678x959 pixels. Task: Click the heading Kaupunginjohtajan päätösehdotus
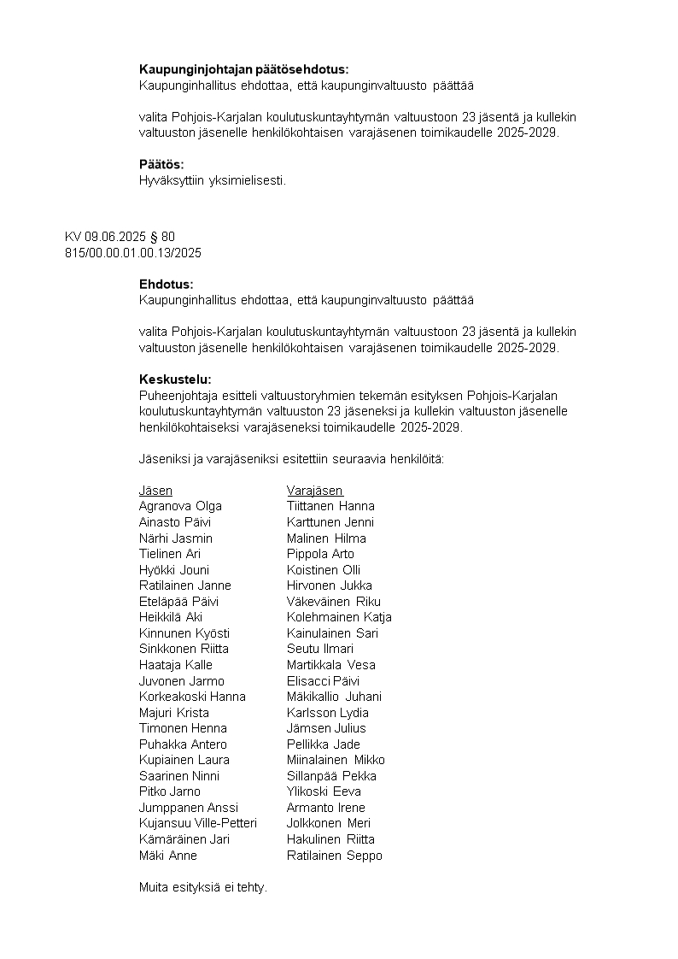click(x=243, y=69)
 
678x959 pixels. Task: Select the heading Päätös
click(x=161, y=164)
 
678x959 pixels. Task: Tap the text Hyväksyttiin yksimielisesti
click(x=213, y=179)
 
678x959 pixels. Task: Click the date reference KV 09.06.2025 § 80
click(x=120, y=237)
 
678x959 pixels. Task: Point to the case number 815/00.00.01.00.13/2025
click(x=132, y=252)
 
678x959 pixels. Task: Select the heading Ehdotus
click(x=167, y=284)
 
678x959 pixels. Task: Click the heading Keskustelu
click(x=175, y=379)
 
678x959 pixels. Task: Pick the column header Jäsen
click(x=155, y=491)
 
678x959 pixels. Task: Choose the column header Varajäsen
click(x=314, y=491)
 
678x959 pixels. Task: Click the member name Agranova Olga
click(x=180, y=506)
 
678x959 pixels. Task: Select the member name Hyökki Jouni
click(x=174, y=569)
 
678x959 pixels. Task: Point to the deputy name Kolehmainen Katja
click(x=339, y=617)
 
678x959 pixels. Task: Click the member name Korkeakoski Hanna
click(x=192, y=697)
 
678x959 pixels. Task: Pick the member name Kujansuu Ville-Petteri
click(x=198, y=823)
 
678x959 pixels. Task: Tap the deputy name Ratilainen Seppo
click(x=335, y=855)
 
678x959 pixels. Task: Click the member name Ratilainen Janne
click(x=184, y=585)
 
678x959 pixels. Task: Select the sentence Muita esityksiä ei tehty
click(x=203, y=887)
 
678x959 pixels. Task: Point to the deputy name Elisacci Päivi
click(x=323, y=680)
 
